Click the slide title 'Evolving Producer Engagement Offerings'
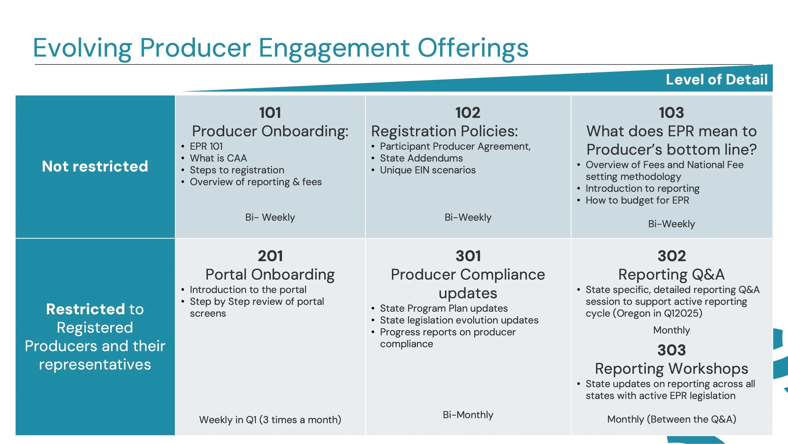pos(281,48)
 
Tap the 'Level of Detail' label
pos(716,80)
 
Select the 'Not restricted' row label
pos(95,166)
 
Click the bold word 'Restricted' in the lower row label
pos(85,309)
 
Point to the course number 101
pos(270,113)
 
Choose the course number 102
pos(468,113)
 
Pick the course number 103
pos(671,113)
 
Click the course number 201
pos(270,256)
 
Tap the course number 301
pos(468,256)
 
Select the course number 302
pos(672,256)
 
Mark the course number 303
pos(671,350)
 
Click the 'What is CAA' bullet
pos(218,158)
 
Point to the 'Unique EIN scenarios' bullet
pos(427,170)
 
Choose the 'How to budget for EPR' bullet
pos(637,200)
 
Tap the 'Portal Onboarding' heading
pos(270,275)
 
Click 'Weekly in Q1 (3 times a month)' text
pos(270,420)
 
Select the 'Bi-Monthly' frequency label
pos(468,415)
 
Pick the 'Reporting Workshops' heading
pos(671,369)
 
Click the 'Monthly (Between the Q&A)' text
pos(671,419)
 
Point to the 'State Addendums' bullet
pos(421,158)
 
